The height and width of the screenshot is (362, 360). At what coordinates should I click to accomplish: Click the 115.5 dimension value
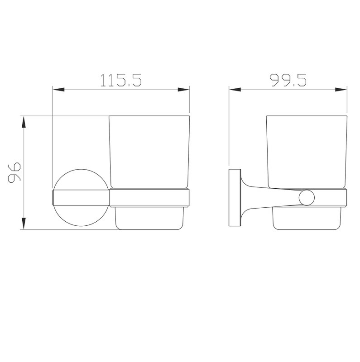point(121,80)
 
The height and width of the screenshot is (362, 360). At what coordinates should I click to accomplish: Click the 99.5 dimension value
point(288,80)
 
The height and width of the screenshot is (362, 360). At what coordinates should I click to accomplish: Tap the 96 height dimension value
point(14,173)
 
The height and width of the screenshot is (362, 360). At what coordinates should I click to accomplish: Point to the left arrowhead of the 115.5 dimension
point(58,90)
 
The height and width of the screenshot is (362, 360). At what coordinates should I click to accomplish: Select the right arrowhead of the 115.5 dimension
point(184,90)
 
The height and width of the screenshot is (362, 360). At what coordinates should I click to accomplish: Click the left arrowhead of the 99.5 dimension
point(235,90)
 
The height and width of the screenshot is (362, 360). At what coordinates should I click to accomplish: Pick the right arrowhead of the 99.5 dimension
point(341,90)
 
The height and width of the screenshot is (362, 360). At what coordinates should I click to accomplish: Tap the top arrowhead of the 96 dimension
point(24,122)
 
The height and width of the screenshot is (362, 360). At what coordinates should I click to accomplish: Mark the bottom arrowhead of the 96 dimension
point(24,224)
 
